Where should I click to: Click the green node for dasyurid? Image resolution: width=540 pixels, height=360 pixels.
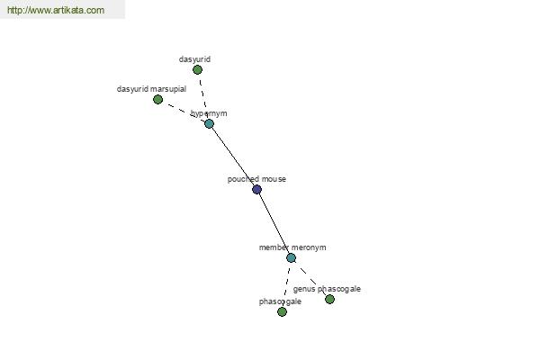(x=197, y=70)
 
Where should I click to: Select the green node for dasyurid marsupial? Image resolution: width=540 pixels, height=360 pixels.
(x=157, y=100)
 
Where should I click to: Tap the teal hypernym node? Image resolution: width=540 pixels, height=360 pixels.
(x=209, y=123)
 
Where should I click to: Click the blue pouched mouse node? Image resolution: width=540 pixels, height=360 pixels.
(x=256, y=190)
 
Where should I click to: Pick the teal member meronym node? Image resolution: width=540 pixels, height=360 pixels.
(x=291, y=257)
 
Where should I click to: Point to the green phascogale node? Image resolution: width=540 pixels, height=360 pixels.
(x=282, y=311)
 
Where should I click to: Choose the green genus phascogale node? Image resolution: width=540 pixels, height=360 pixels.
(x=329, y=299)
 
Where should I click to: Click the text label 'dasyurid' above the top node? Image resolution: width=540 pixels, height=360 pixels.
(x=194, y=59)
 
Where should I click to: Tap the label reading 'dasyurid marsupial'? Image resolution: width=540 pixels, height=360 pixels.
(x=151, y=89)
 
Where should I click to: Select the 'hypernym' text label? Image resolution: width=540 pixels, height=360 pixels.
(x=209, y=113)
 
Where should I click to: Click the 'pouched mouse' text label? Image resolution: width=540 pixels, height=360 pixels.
(x=256, y=179)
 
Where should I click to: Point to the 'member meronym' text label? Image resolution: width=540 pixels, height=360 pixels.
(x=292, y=247)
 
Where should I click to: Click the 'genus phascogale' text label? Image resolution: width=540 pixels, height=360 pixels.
(x=327, y=289)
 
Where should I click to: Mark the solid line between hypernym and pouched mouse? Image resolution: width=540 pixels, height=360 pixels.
(x=233, y=157)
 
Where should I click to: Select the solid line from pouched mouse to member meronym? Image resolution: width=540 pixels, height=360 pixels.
(x=274, y=223)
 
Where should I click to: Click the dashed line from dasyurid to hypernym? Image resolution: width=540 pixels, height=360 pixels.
(x=203, y=97)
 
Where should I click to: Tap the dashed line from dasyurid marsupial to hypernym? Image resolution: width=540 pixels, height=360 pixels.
(x=184, y=112)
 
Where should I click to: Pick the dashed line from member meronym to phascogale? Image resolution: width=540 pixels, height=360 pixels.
(x=286, y=284)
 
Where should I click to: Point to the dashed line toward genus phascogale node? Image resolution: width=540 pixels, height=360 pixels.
(x=310, y=278)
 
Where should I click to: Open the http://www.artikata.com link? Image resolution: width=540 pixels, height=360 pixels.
(x=56, y=10)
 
